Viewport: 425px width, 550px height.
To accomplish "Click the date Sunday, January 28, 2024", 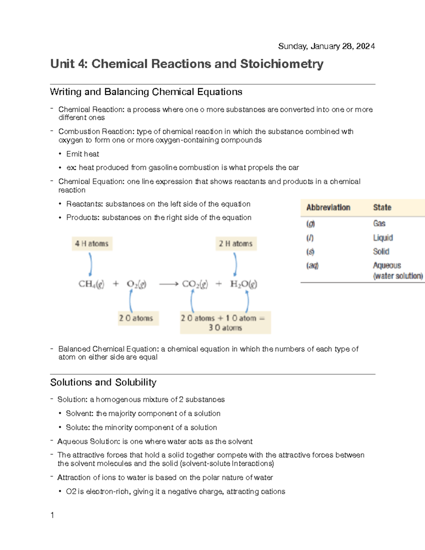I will click(326, 46).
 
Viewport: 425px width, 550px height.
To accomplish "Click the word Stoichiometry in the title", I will click(282, 64).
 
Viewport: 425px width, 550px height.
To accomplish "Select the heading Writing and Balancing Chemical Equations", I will click(146, 92).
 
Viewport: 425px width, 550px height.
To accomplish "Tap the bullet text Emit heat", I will click(83, 154).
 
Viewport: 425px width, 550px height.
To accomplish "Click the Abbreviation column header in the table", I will click(328, 208).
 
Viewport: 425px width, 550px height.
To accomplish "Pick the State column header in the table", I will click(382, 208).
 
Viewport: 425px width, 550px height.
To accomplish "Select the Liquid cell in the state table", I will click(382, 238).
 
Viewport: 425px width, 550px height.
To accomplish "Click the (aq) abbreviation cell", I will click(312, 266).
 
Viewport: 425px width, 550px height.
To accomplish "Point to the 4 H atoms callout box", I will click(92, 244).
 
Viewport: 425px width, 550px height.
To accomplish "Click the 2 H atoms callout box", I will click(236, 244).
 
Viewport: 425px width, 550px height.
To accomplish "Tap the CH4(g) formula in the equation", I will click(91, 284).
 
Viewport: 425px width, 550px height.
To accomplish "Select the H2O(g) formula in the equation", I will click(243, 284).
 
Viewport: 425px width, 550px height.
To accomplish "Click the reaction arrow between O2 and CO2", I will click(168, 284).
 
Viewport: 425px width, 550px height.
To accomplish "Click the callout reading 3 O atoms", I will click(225, 328).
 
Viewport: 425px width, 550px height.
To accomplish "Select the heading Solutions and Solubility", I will click(103, 382).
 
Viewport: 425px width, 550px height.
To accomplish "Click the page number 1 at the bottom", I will click(52, 515).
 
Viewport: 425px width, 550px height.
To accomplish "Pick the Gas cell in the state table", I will click(379, 223).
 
